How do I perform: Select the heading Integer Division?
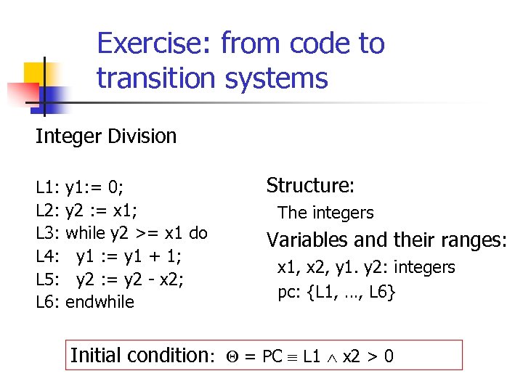[106, 136]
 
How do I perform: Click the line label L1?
[47, 189]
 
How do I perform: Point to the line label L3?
[48, 234]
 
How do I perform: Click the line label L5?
[48, 279]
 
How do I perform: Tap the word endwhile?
[100, 301]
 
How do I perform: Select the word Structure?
[310, 186]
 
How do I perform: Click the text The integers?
[325, 213]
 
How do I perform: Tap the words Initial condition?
[142, 355]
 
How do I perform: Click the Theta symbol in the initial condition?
[230, 356]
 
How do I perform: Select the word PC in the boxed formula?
[272, 356]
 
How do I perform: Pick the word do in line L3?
[198, 234]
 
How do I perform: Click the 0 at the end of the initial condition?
[389, 356]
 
